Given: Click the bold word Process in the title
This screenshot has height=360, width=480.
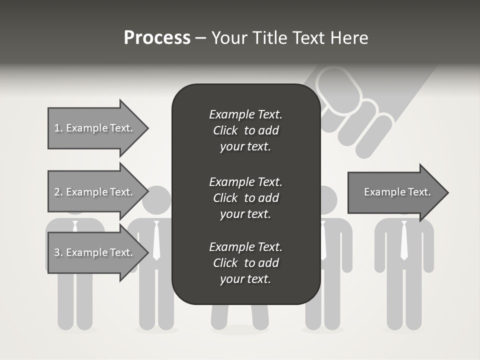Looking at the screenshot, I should tap(157, 38).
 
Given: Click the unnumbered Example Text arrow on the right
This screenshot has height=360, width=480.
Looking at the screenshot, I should tap(397, 192).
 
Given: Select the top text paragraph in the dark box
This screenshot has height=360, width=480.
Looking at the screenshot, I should tap(245, 130).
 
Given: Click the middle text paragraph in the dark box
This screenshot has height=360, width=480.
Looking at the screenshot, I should tap(245, 197).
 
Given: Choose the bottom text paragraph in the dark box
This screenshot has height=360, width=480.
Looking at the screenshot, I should tap(245, 263).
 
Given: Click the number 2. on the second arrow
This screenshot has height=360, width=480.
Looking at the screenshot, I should tap(58, 192).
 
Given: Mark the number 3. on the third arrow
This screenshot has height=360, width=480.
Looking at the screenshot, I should tap(58, 252).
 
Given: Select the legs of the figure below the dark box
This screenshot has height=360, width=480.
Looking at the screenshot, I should tap(239, 317).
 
